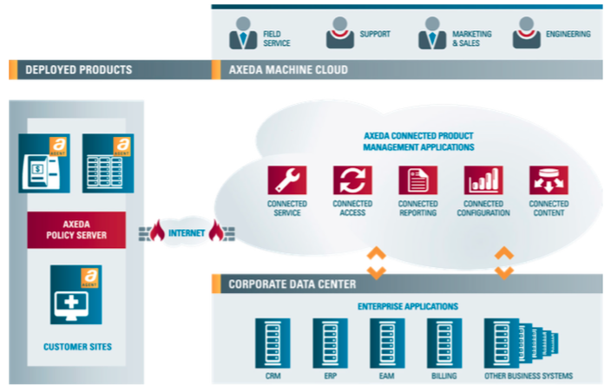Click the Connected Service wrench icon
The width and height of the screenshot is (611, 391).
286,180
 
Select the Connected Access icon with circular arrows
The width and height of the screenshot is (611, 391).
352,180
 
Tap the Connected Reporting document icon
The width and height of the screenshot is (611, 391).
417,180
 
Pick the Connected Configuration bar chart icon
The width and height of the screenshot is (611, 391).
483,180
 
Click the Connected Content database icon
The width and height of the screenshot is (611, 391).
549,180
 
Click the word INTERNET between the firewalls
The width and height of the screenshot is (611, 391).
187,233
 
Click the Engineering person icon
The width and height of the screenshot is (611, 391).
526,34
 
